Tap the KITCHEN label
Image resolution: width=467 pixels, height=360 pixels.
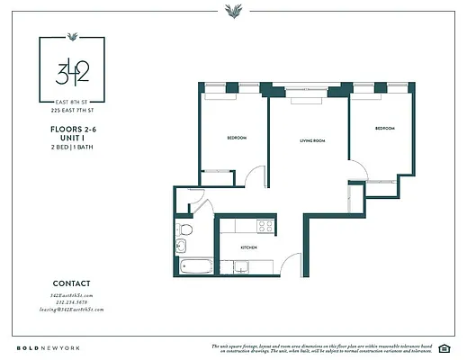tap(249, 247)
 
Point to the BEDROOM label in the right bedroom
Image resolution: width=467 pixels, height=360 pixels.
tap(384, 128)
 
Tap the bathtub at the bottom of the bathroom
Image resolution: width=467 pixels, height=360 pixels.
tap(194, 267)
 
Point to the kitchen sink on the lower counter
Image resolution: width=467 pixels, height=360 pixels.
tap(240, 266)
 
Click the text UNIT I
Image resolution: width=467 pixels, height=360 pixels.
tap(72, 139)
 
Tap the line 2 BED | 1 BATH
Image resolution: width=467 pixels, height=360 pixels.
tap(72, 147)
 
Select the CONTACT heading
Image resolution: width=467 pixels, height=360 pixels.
tap(72, 282)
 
